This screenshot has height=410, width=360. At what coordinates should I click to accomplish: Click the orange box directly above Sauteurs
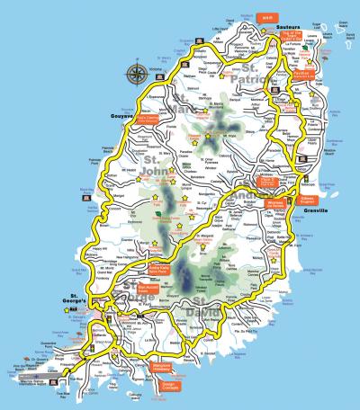tap(266, 16)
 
